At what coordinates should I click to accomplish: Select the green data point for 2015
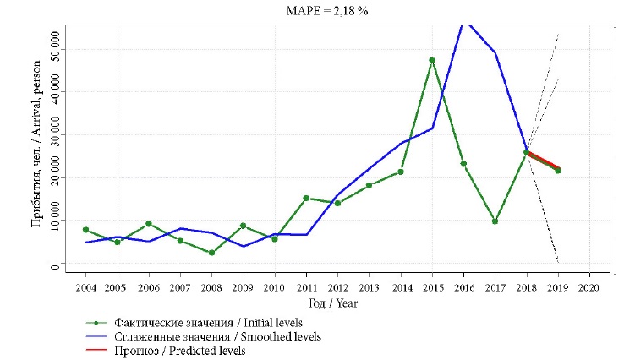[x=432, y=61]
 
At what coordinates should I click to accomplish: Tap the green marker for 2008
[x=211, y=253]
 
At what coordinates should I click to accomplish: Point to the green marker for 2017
[x=495, y=221]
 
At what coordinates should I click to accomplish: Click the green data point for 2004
[x=85, y=230]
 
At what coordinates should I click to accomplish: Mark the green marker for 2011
[x=306, y=198]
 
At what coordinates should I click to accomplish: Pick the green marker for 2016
[x=463, y=164]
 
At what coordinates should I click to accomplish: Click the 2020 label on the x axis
[x=588, y=287]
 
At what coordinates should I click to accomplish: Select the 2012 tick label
[x=337, y=287]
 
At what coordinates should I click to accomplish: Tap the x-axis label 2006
[x=149, y=287]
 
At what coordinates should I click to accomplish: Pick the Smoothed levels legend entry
[x=203, y=336]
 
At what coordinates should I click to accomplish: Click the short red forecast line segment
[x=542, y=160]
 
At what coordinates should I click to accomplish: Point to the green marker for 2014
[x=401, y=172]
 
